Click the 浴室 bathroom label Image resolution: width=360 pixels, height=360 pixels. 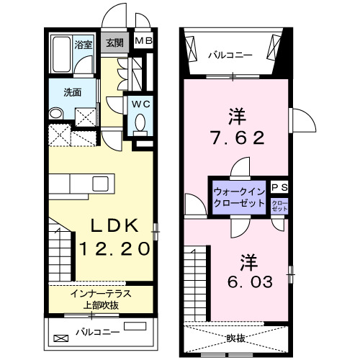84,45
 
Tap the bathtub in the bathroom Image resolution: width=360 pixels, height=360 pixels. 61,54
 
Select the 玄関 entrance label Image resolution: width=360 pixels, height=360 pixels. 115,43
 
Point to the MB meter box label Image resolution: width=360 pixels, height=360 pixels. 143,41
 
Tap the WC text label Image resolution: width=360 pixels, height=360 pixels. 141,104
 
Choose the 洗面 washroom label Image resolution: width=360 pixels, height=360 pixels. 73,92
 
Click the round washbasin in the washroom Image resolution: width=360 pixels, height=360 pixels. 55,113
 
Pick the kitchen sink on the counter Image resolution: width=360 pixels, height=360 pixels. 101,184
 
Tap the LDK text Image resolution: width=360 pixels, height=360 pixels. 114,225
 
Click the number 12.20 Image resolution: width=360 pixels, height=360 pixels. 114,248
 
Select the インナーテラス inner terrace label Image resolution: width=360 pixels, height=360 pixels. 101,294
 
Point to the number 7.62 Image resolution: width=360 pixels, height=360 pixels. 238,138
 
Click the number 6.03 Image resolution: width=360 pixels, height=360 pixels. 250,282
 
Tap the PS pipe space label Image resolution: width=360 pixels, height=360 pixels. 279,187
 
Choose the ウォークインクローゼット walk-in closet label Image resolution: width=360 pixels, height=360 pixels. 239,197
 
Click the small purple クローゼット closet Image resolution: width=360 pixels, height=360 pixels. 279,206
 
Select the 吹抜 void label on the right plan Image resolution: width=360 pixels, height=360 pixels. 236,338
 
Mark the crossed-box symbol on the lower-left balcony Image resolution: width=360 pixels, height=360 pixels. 61,338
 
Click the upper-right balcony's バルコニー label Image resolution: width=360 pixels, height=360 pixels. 230,55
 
